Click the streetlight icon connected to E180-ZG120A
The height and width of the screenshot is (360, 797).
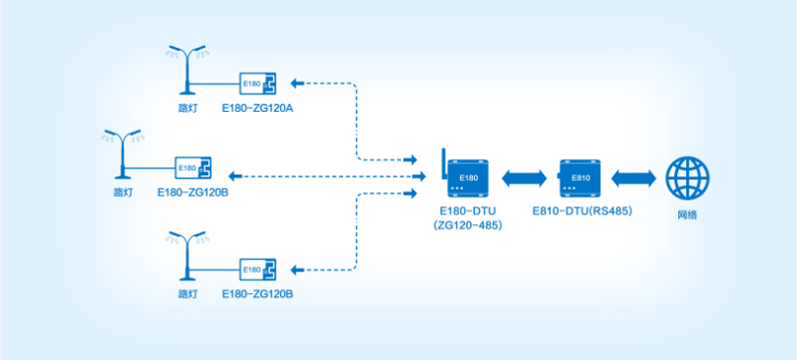click(x=186, y=68)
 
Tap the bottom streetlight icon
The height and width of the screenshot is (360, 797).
click(x=186, y=258)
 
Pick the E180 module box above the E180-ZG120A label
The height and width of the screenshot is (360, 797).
click(x=257, y=83)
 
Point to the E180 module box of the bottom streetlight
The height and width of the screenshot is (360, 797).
click(x=257, y=269)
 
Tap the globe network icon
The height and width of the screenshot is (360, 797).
click(x=687, y=178)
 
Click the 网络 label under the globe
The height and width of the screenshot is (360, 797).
click(x=687, y=214)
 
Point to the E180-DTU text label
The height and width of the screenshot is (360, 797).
click(x=468, y=211)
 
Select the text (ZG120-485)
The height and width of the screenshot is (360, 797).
click(x=468, y=226)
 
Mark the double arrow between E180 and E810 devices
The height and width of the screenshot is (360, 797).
click(x=524, y=178)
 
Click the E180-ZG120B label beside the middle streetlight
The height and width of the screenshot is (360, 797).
click(x=194, y=191)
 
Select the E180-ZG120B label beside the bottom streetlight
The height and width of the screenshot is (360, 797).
click(x=257, y=294)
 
